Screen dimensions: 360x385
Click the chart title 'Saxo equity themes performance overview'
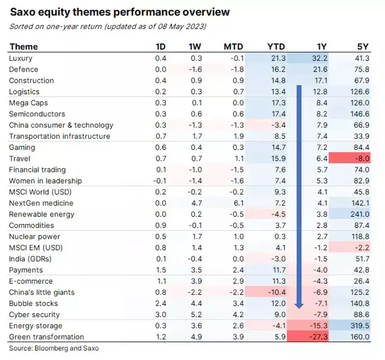pos(119,12)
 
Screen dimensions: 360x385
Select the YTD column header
pos(276,46)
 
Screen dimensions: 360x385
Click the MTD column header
pos(234,46)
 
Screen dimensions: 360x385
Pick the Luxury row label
pos(22,58)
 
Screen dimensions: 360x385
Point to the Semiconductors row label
pos(37,114)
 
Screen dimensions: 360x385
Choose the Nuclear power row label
pos(35,236)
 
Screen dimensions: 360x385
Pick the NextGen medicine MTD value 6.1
pos(238,203)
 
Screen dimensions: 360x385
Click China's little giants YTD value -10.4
pos(275,292)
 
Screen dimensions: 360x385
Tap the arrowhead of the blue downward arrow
pos(298,305)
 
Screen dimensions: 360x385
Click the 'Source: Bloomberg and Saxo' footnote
pos(54,348)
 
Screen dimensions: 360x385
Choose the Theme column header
pos(24,46)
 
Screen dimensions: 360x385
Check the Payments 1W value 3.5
pos(197,270)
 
